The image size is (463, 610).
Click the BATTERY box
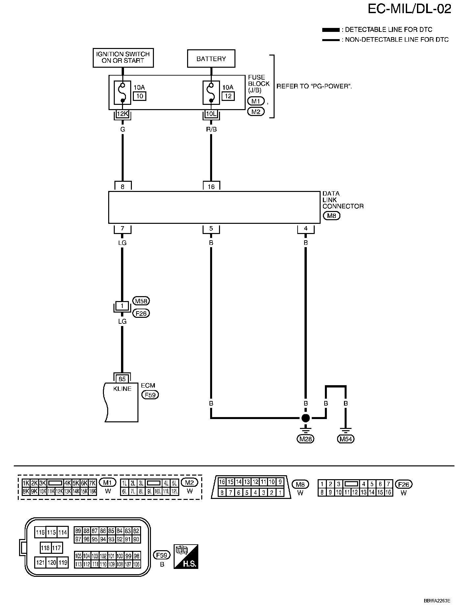[x=211, y=59]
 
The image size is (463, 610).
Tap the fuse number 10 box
[x=139, y=96]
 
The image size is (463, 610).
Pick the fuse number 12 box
[x=228, y=96]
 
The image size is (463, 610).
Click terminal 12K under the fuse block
[x=122, y=114]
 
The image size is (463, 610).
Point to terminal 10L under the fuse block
[x=211, y=114]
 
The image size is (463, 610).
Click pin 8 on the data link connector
[x=123, y=186]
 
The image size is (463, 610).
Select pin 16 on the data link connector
[x=211, y=186]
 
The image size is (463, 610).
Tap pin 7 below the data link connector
[x=122, y=228]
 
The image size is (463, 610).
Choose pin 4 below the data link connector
[x=306, y=228]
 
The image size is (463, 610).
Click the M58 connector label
[x=141, y=301]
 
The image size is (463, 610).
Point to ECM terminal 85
[x=122, y=379]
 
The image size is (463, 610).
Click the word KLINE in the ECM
[x=122, y=389]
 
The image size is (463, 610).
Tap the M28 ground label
[x=306, y=439]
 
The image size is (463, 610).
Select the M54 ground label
[x=346, y=439]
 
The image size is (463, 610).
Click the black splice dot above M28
[x=306, y=418]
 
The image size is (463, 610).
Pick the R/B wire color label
[x=211, y=129]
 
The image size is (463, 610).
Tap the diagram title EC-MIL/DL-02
[x=409, y=9]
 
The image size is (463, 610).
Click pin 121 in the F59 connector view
[x=40, y=562]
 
